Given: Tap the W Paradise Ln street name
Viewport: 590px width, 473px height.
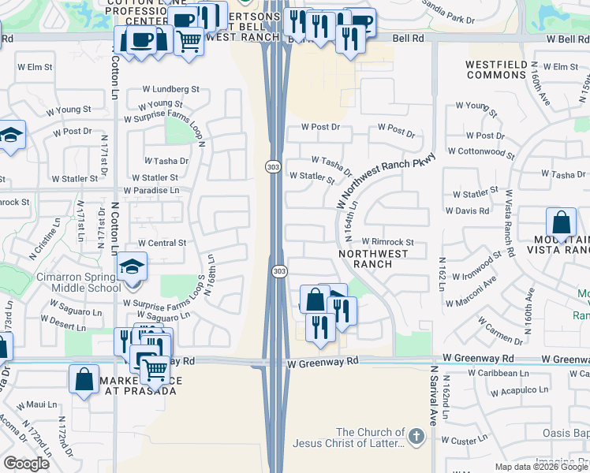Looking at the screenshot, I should [x=151, y=190].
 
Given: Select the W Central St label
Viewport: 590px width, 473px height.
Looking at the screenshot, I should [x=162, y=244].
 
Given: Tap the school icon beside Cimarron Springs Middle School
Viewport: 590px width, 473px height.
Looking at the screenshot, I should [x=133, y=268].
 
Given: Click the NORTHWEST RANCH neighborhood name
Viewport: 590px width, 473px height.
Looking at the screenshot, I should [x=373, y=259].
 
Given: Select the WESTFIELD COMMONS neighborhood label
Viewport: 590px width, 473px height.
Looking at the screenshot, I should [x=496, y=69].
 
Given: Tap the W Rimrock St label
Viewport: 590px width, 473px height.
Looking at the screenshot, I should [x=388, y=242].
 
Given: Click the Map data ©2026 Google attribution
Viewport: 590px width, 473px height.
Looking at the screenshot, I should [x=541, y=467].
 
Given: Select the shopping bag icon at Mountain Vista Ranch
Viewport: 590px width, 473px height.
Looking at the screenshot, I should [x=562, y=223].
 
